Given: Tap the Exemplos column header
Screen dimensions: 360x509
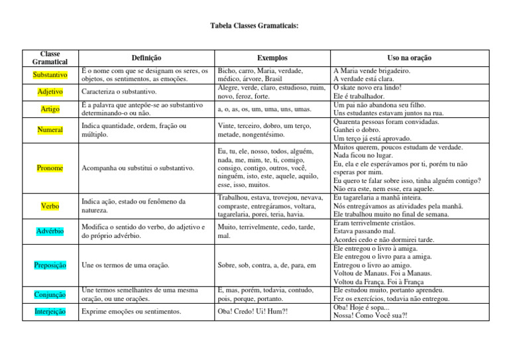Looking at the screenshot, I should (x=272, y=58).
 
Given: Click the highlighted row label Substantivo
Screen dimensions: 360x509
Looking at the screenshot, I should (x=50, y=75).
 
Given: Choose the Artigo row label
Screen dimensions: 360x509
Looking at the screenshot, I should (x=50, y=109).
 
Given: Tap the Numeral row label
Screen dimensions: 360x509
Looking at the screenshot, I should (x=50, y=130).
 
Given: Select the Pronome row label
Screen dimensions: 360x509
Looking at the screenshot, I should (x=50, y=168).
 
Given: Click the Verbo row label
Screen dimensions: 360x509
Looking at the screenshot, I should (x=50, y=206).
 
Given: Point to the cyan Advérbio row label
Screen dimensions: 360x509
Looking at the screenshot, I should (x=50, y=231).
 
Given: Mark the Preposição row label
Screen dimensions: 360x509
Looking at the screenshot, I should (x=50, y=265).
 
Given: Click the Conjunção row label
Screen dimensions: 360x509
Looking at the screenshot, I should (x=50, y=294).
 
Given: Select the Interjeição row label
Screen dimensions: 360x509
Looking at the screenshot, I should (x=50, y=312).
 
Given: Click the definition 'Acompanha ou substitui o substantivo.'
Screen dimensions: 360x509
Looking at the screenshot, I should (x=137, y=168).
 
